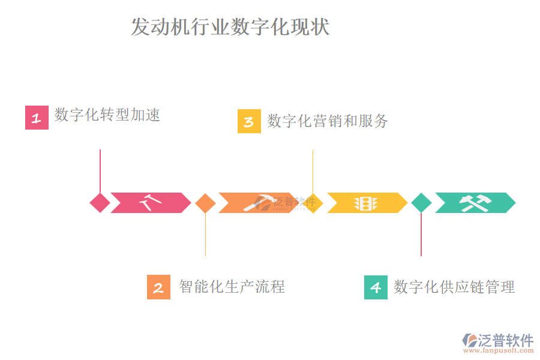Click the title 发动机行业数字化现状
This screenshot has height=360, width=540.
[x=230, y=28]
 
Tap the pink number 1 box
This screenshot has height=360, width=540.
[x=37, y=118]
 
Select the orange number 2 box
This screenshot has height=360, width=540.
[x=158, y=287]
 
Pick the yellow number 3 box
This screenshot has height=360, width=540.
[x=249, y=121]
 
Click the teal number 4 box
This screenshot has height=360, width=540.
[x=376, y=287]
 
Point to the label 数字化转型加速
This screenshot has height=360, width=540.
[x=107, y=115]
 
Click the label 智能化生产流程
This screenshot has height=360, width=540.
[x=232, y=287]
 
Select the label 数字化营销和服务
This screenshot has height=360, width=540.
[x=328, y=121]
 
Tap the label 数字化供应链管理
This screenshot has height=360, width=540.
[x=454, y=287]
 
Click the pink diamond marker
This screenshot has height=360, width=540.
[x=100, y=203]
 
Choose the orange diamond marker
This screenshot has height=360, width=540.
[x=205, y=203]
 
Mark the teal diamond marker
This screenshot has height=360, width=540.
[x=421, y=203]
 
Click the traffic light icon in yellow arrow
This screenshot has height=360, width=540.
[x=365, y=203]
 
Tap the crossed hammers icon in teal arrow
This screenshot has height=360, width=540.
[x=474, y=203]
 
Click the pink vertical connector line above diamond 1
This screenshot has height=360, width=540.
[x=100, y=170]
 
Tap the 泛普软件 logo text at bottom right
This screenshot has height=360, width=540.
[x=506, y=340]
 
